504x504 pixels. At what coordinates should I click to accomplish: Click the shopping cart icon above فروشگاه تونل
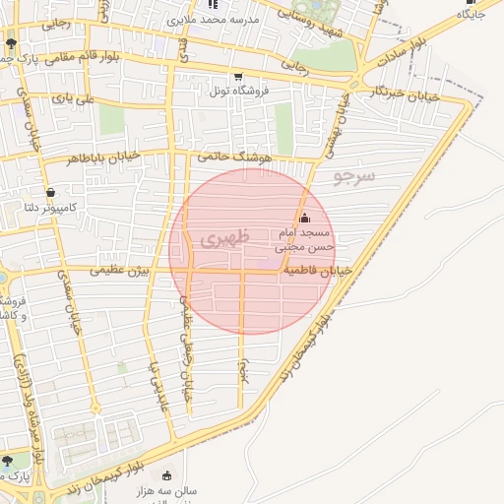pos(237,77)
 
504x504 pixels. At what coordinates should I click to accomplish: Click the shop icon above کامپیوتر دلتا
pos(50,192)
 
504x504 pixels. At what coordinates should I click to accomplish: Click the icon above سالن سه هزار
pos(165,475)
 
